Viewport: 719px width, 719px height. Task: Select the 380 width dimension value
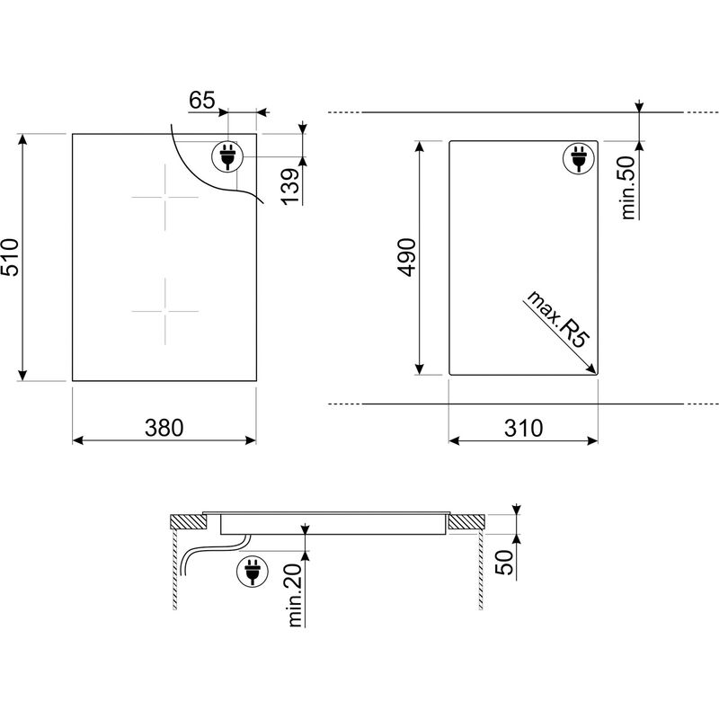click(x=164, y=429)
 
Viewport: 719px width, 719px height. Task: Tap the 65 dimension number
click(x=203, y=100)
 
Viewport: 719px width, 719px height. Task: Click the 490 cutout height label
click(x=407, y=257)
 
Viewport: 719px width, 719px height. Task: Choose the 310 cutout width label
click(x=523, y=429)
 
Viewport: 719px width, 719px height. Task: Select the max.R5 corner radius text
click(x=556, y=319)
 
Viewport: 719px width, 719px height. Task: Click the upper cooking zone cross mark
click(x=164, y=197)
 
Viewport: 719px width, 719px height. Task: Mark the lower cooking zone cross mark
click(x=164, y=310)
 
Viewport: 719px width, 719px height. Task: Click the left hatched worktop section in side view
click(x=187, y=520)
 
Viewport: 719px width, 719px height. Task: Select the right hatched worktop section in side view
click(x=466, y=520)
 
